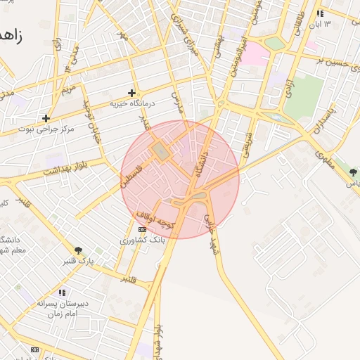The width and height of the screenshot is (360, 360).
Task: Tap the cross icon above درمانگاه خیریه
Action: coord(131,93)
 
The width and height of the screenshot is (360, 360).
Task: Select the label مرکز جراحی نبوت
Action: coord(45,129)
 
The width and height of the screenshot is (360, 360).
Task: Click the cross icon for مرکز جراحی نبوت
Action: coord(46,119)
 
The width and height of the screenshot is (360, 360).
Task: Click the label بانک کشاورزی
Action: coord(142,240)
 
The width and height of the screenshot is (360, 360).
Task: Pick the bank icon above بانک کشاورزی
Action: coord(142,230)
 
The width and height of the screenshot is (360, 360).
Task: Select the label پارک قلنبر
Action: coord(77,261)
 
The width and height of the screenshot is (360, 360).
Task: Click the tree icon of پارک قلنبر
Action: coord(77,250)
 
